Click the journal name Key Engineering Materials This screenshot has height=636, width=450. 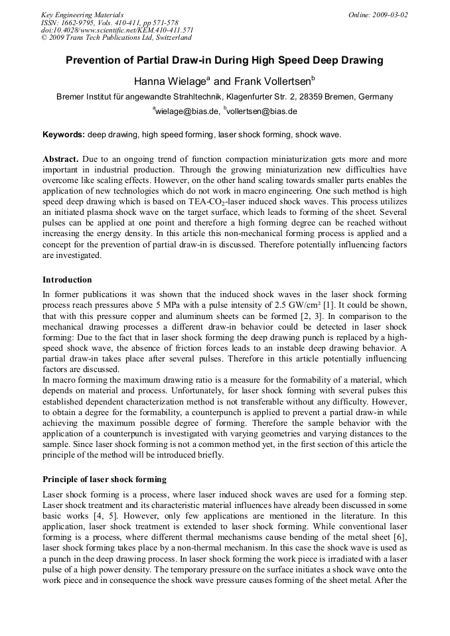[x=82, y=15]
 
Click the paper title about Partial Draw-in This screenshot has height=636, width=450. [x=224, y=60]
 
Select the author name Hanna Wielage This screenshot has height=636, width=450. [x=171, y=82]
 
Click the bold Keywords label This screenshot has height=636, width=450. [x=64, y=135]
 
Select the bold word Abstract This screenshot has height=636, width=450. [x=60, y=160]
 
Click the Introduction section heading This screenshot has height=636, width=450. [x=67, y=279]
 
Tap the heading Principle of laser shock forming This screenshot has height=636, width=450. [x=104, y=479]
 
